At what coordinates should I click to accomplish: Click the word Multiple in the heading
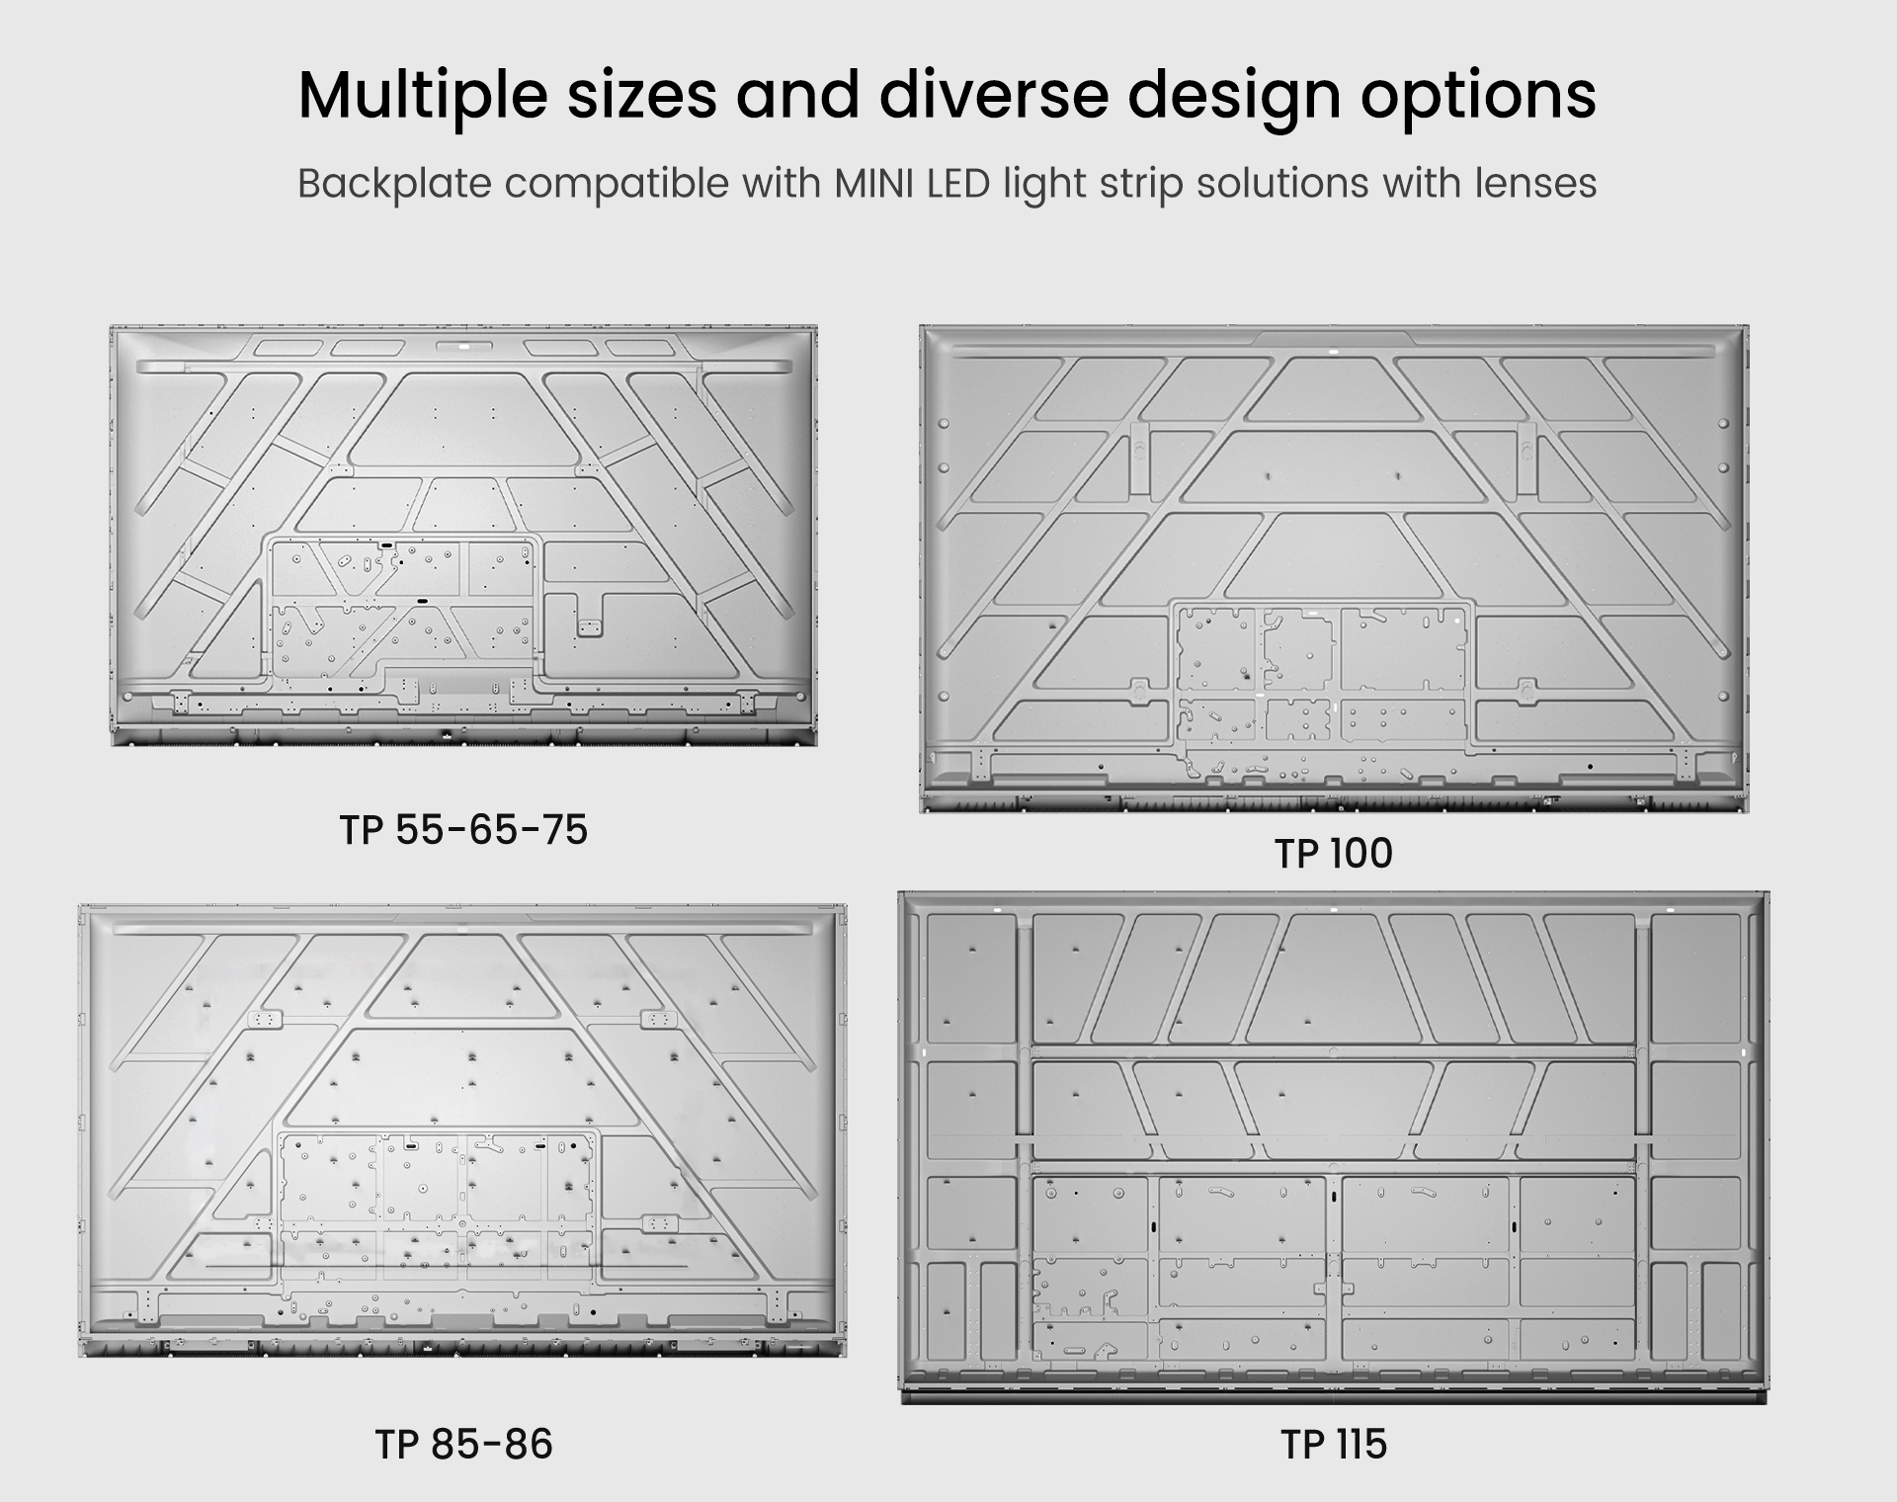pyautogui.click(x=423, y=97)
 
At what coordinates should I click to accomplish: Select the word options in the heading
pyautogui.click(x=1478, y=97)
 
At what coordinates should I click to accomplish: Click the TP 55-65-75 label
pyautogui.click(x=463, y=830)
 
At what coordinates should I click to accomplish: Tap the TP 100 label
pyautogui.click(x=1334, y=854)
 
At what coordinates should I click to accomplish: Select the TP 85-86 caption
pyautogui.click(x=463, y=1445)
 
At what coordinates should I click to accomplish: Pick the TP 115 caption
pyautogui.click(x=1334, y=1445)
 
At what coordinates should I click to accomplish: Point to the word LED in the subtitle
pyautogui.click(x=959, y=183)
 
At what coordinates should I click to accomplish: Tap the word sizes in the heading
pyautogui.click(x=641, y=95)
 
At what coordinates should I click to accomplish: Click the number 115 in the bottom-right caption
pyautogui.click(x=1360, y=1445)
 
